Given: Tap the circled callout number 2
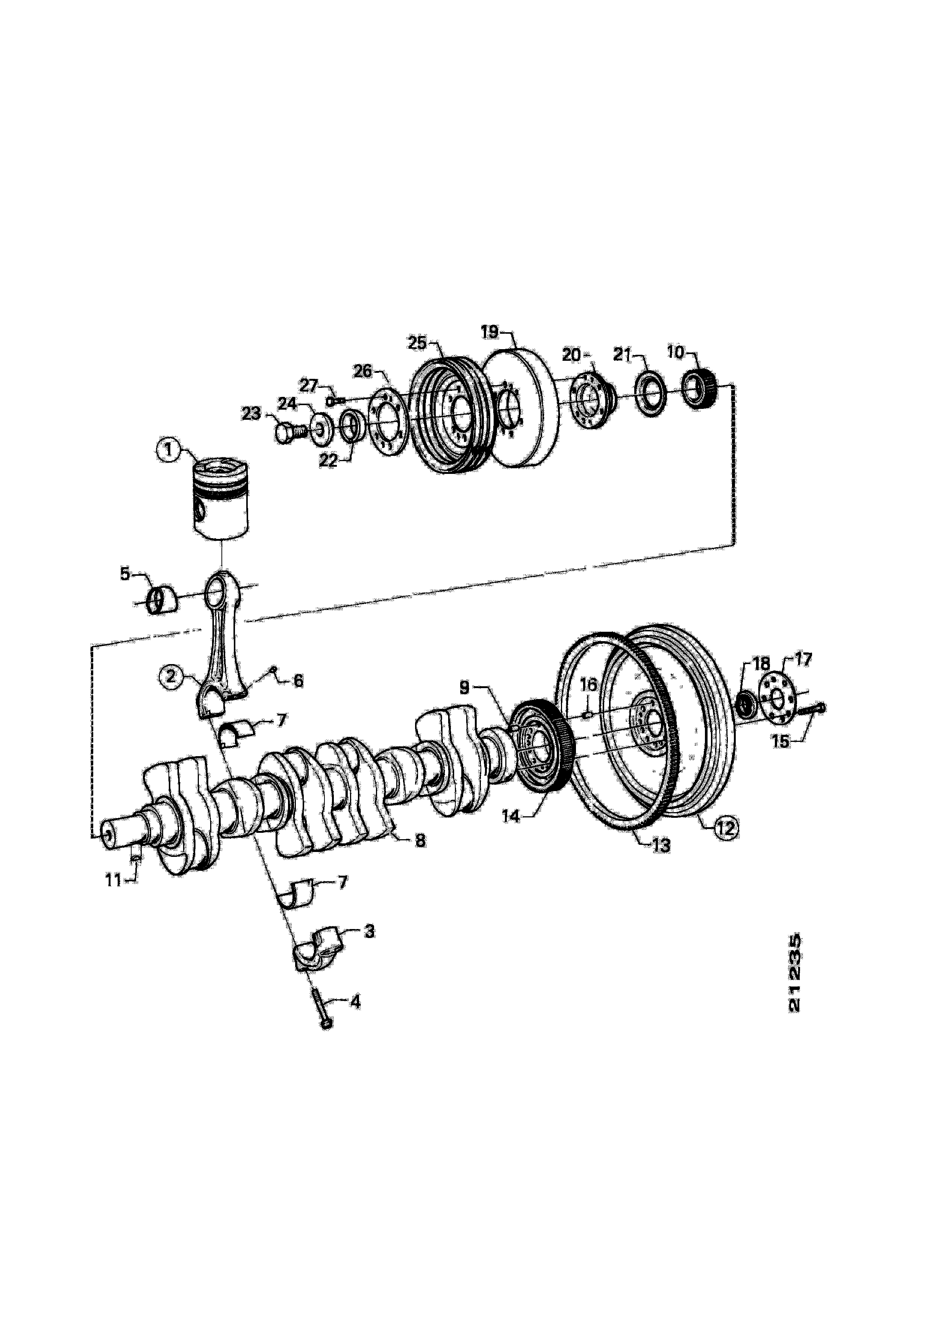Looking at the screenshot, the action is point(170,677).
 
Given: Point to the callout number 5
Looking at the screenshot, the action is point(125,574).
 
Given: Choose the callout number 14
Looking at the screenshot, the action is point(511,815).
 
